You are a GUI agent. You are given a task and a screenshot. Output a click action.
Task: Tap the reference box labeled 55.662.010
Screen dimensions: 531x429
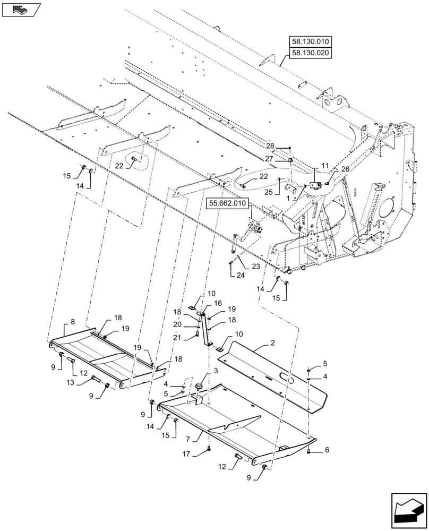tap(228, 203)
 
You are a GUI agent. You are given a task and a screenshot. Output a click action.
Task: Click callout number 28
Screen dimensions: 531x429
tap(270, 146)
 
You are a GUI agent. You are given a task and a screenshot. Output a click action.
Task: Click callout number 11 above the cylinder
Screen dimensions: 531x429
tap(325, 167)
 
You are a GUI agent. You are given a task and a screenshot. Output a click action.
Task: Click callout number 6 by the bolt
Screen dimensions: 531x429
tap(327, 450)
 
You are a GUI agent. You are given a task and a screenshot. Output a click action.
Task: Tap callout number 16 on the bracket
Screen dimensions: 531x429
tap(217, 302)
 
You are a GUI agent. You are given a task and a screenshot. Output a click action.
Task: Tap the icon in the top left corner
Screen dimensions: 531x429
tap(21, 9)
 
